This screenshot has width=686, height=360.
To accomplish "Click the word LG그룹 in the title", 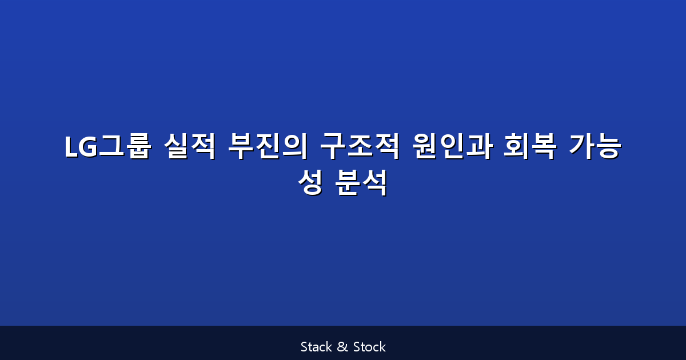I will click(107, 147).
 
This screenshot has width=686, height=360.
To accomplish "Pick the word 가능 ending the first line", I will click(595, 147).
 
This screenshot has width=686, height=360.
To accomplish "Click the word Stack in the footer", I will click(316, 347).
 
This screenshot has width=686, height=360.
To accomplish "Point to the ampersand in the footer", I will click(342, 347).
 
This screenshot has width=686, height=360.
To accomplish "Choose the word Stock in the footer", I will click(369, 347).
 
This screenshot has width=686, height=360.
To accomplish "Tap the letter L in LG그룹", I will click(70, 148).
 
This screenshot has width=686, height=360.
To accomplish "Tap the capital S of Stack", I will click(304, 347).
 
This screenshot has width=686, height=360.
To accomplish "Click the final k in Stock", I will click(382, 347).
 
